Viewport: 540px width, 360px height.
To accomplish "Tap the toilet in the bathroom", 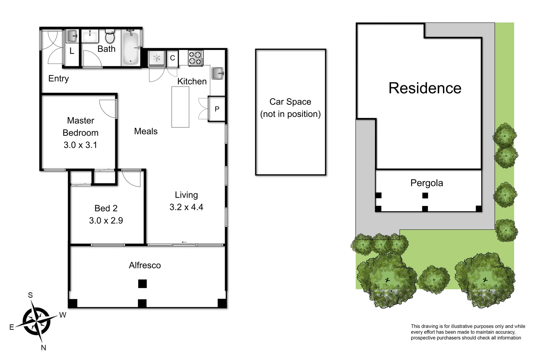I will pos(110,36).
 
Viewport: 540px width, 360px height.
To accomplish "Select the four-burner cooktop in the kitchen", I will pos(195,58).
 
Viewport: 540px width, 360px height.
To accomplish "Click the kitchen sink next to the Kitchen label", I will pos(217,73).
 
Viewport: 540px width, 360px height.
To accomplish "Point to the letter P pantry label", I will pos(217,109).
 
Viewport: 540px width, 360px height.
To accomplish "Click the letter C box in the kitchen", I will pos(172,58).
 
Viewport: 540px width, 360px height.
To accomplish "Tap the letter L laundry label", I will pos(72,51).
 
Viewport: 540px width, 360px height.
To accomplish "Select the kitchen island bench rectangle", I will pos(180,107).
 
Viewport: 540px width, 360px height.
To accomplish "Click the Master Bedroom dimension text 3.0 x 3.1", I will pos(80,145).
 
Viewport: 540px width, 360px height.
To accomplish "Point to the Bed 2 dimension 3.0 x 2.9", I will pos(106,220).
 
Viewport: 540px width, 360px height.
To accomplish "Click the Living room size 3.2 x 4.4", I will pos(186,207).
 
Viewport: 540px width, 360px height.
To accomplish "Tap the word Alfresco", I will pos(145,265).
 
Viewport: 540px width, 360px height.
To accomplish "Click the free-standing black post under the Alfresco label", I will pos(142,284).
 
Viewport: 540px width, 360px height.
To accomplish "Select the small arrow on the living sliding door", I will pos(184,242).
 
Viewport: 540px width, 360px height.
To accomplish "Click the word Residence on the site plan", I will pos(425,88).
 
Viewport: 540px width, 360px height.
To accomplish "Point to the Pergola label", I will pos(427,183).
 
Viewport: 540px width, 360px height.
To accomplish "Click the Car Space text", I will pos(290,102).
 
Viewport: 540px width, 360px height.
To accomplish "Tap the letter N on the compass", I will pos(43,348).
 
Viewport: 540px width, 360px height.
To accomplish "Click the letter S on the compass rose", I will pos(30,295).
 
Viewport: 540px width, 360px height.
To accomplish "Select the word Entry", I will pos(59,78).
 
